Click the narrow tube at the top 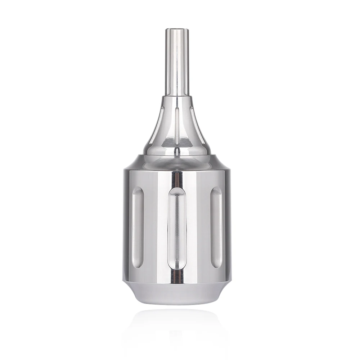(177, 61)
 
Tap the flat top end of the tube (177, 30)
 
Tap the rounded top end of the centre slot (177, 191)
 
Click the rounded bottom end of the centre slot (177, 266)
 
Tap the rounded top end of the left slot (138, 191)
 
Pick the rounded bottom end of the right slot (216, 265)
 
